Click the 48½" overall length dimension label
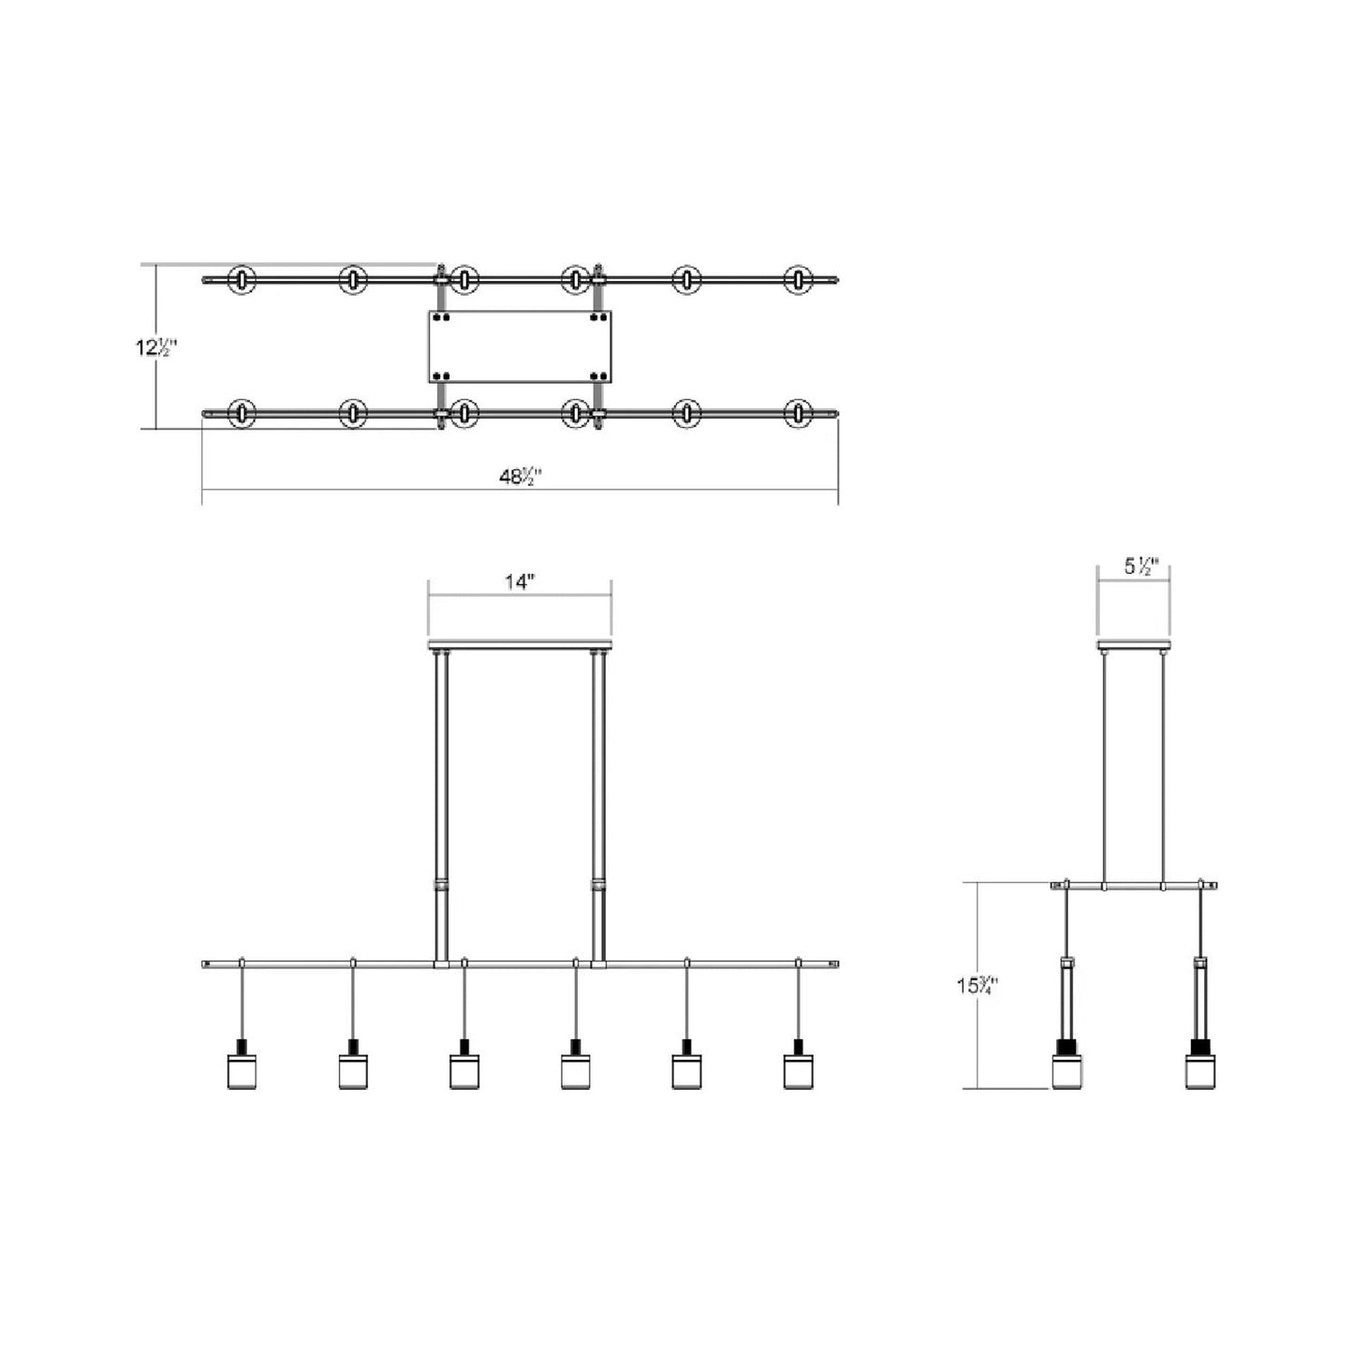[x=521, y=476]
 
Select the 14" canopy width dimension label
[x=519, y=581]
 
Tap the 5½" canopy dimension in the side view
[x=1140, y=566]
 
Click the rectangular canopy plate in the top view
[x=520, y=347]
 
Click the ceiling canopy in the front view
[x=520, y=646]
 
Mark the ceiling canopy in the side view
[x=1134, y=646]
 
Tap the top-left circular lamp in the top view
[x=243, y=279]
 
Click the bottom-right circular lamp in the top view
[x=798, y=413]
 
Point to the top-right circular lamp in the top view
[x=798, y=279]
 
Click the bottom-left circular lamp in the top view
[x=243, y=413]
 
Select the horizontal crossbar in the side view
[x=1134, y=885]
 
